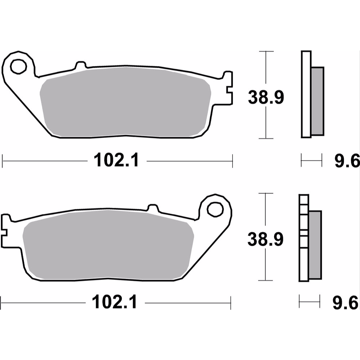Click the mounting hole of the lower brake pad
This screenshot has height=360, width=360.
click(x=215, y=209)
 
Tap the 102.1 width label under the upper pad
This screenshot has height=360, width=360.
click(x=117, y=161)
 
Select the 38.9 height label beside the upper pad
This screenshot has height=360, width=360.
click(x=266, y=97)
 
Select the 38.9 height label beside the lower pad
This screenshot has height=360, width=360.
click(x=265, y=239)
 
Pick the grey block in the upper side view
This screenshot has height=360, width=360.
click(x=317, y=100)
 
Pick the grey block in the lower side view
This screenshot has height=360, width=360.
click(x=315, y=245)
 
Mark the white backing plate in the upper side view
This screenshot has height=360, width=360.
click(x=306, y=94)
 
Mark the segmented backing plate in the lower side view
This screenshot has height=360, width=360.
click(x=303, y=237)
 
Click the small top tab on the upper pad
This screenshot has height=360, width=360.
click(x=80, y=64)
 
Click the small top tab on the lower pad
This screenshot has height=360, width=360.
click(x=153, y=208)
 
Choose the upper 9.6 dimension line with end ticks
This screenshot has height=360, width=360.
click(x=311, y=161)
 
